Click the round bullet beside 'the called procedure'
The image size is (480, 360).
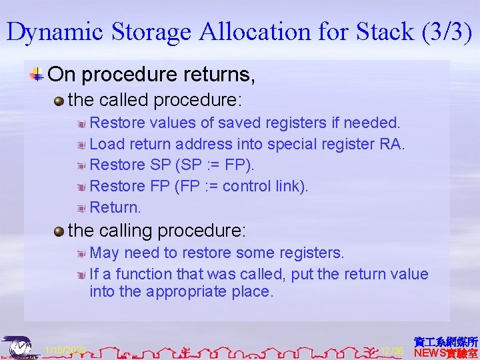pyautogui.click(x=60, y=101)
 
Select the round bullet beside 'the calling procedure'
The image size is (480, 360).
pyautogui.click(x=60, y=231)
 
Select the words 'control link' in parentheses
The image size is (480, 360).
pyautogui.click(x=264, y=186)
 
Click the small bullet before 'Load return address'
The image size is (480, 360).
pyautogui.click(x=81, y=144)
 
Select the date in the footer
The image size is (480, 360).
pyautogui.click(x=65, y=350)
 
